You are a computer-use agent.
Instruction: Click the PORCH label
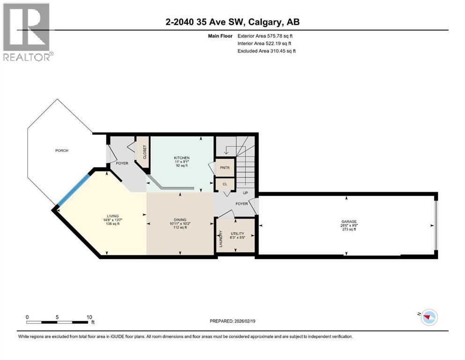[x=62, y=150]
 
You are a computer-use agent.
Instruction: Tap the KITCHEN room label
[x=182, y=158]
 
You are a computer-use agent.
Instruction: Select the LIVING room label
[x=113, y=216]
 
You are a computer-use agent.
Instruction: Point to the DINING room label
[x=180, y=220]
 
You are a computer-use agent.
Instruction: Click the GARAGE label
[x=349, y=221]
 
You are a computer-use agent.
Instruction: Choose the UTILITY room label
[x=237, y=233]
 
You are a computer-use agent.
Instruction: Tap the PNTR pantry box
[x=225, y=168]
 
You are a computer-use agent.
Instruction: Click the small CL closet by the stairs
[x=225, y=184]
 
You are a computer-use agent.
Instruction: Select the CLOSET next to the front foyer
[x=143, y=152]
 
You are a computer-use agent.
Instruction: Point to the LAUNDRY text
[x=221, y=239]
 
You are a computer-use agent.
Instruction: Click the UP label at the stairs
[x=245, y=193]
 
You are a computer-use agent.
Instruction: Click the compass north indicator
[x=428, y=317]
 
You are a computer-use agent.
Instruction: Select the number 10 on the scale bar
[x=89, y=317]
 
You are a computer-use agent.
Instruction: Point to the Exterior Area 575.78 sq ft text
[x=265, y=36]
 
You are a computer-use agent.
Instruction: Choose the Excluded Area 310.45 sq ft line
[x=266, y=51]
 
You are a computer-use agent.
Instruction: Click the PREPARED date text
[x=232, y=321]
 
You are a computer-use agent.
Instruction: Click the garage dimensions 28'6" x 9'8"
[x=349, y=225]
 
